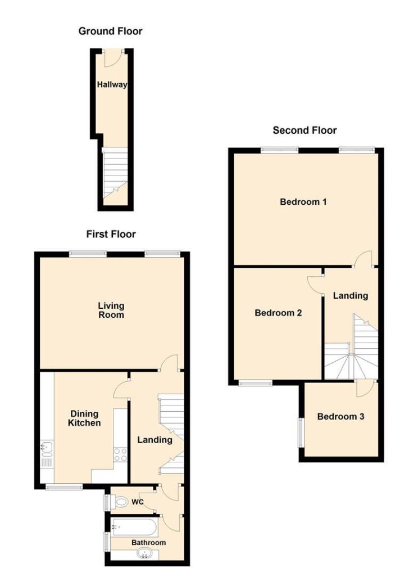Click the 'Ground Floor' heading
tap(110, 31)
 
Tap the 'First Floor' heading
tap(111, 234)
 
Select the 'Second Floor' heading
tap(305, 130)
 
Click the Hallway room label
tap(112, 85)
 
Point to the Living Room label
tap(111, 310)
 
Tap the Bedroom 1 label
tap(303, 201)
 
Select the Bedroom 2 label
tap(278, 313)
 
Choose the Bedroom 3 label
tap(340, 417)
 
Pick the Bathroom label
tap(149, 542)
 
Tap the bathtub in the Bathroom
tap(135, 528)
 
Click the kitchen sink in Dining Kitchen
tap(47, 448)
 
